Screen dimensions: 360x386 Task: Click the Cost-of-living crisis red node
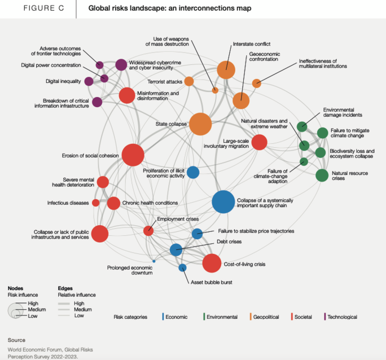coord(212,264)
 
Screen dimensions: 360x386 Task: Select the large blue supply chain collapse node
coord(223,202)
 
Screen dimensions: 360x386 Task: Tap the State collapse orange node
coord(200,124)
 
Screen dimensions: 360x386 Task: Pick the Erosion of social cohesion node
coord(133,155)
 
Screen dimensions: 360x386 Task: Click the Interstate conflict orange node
coord(226,70)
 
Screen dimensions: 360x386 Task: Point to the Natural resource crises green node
coord(322,175)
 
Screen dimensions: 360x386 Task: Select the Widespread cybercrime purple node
coord(121,65)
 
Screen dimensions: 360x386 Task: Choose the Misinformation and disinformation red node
coord(127,96)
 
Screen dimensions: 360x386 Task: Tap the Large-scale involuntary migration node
coord(259,142)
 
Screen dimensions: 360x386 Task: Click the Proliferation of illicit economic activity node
coord(193,172)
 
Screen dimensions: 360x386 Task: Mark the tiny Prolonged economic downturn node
coord(154,261)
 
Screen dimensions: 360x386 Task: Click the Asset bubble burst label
coord(212,282)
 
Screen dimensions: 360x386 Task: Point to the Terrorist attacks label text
coord(165,81)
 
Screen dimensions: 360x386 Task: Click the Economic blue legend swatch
coord(162,317)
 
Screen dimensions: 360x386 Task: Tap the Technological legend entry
coord(342,317)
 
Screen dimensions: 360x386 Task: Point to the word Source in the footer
coord(16,340)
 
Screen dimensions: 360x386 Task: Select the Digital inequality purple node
coord(89,81)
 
